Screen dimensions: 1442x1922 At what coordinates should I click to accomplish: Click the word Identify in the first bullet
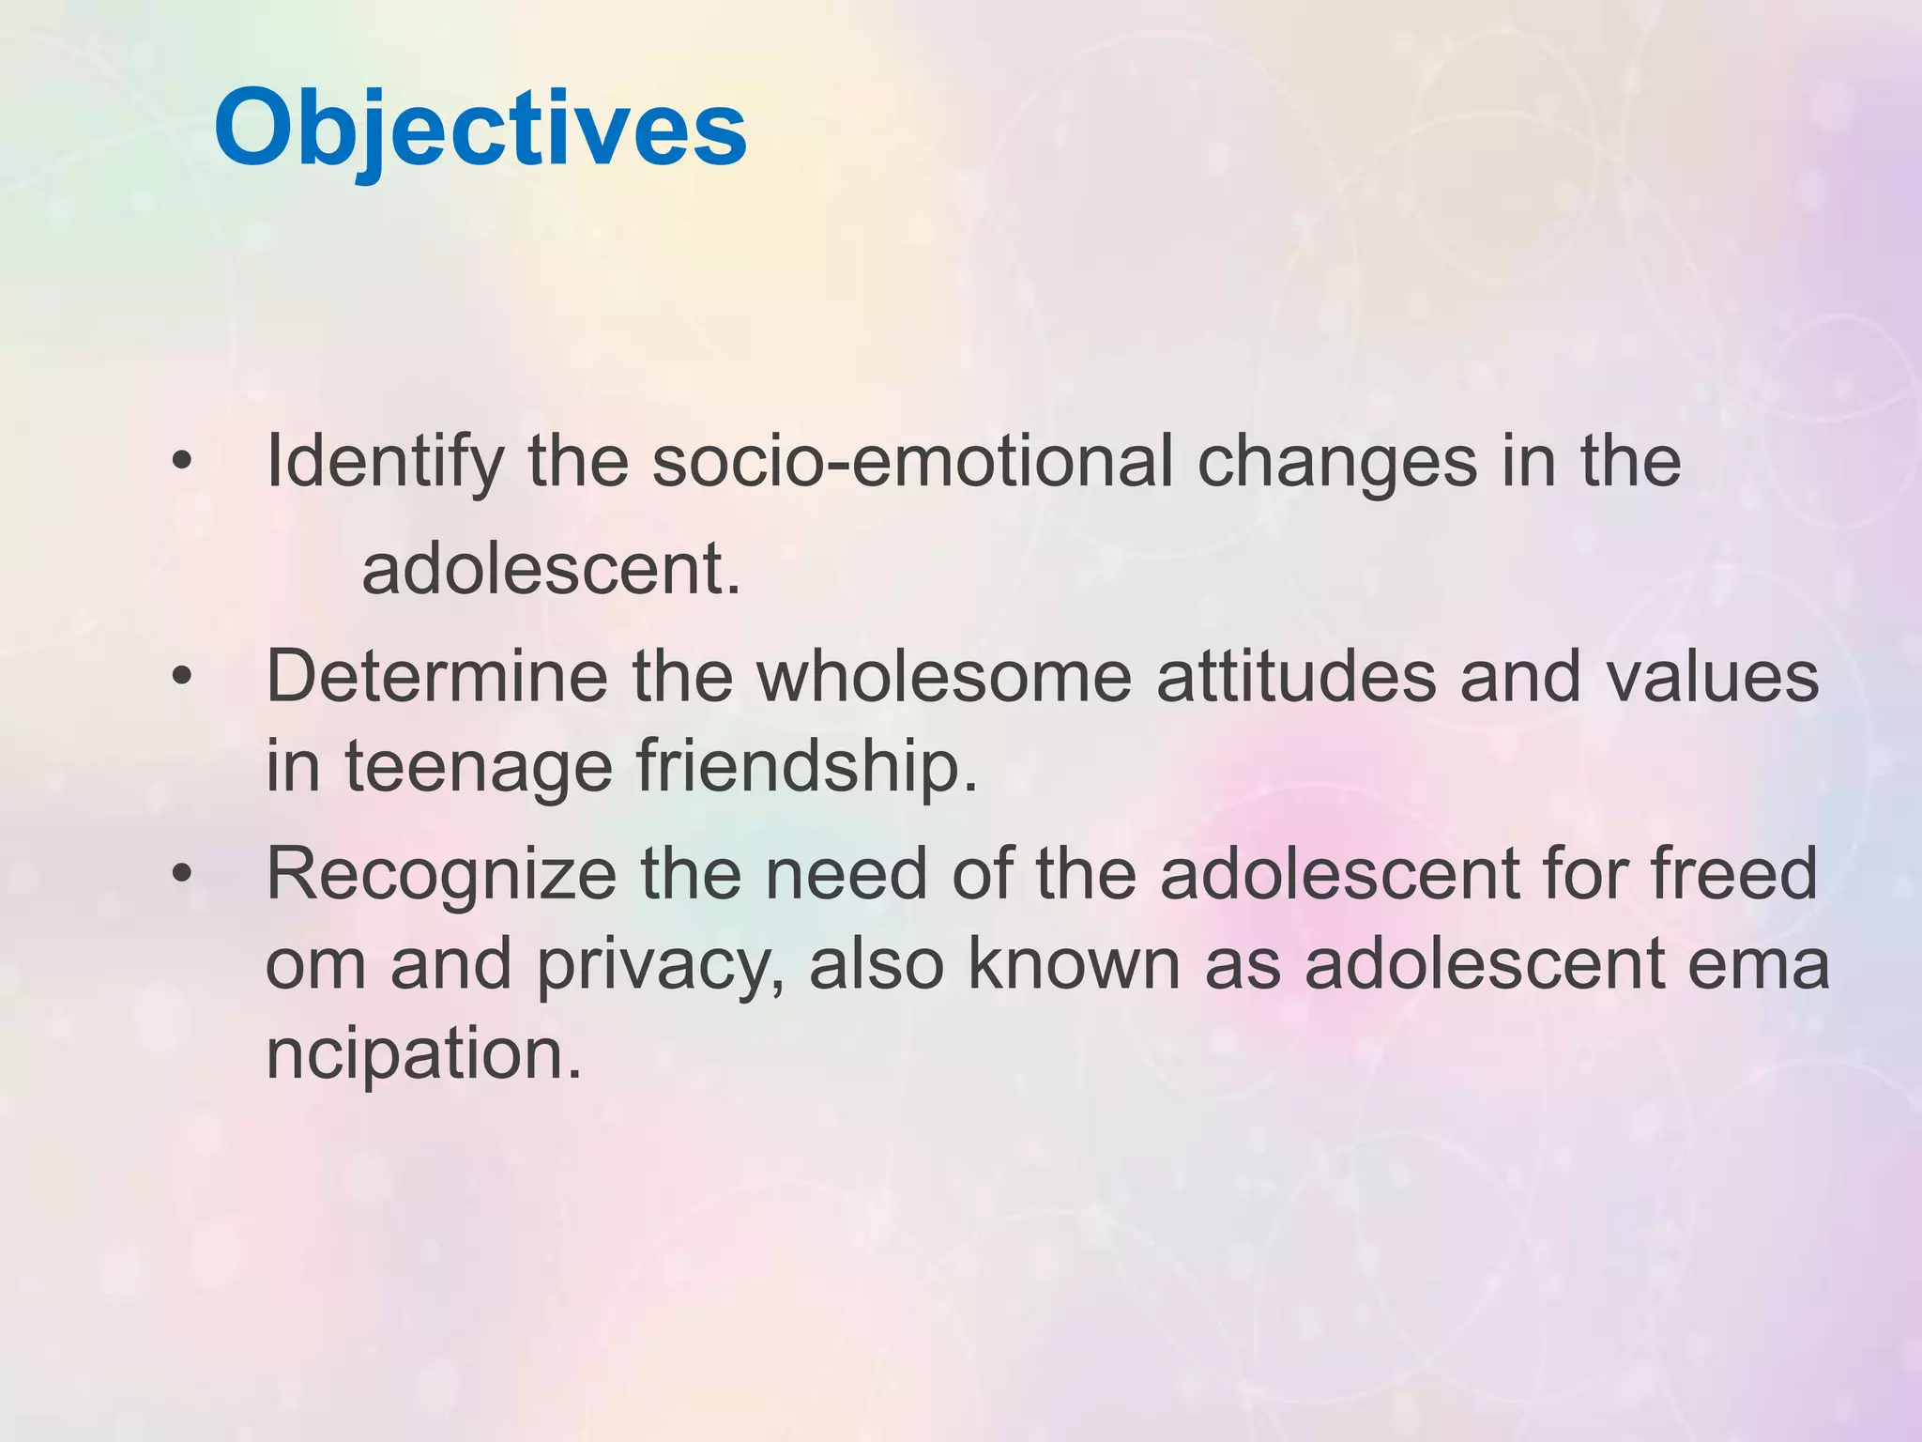pos(385,463)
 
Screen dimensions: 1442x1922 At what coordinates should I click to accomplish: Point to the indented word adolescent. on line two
pos(552,570)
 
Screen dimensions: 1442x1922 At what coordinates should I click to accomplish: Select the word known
pos(1074,965)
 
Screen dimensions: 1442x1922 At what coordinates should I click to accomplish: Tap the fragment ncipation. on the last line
pos(424,1055)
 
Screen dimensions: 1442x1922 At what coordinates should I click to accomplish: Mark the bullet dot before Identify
pos(182,463)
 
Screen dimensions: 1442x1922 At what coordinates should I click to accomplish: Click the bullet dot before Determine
pos(182,676)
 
